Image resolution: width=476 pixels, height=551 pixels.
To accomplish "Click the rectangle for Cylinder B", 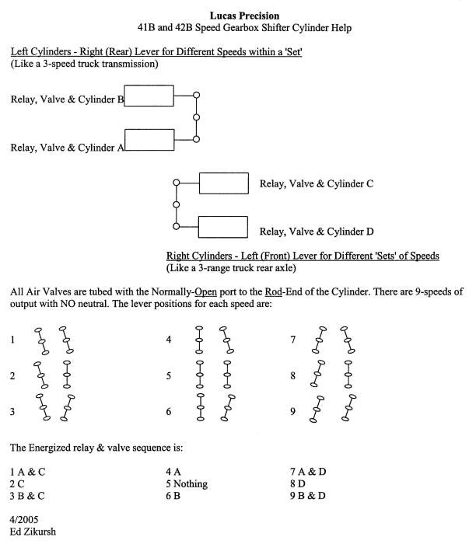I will click(x=149, y=96).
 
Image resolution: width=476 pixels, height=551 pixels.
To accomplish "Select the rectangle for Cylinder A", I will click(x=149, y=140).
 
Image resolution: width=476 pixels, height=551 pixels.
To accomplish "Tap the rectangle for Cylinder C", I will click(x=223, y=183).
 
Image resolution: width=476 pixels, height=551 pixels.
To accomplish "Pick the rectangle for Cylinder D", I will click(x=223, y=227).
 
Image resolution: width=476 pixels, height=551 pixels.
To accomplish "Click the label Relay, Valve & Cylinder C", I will click(x=316, y=184).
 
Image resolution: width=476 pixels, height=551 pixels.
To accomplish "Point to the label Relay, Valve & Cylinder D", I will click(x=317, y=231).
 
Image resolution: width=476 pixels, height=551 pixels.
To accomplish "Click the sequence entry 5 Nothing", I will click(x=187, y=483).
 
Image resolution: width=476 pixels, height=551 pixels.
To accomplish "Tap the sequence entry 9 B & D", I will click(x=310, y=495).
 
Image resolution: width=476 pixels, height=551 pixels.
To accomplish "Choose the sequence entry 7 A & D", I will click(x=310, y=472).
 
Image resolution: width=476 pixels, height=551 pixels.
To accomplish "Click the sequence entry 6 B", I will click(x=173, y=495).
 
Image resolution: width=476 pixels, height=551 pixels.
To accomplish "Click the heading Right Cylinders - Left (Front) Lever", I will click(x=303, y=256).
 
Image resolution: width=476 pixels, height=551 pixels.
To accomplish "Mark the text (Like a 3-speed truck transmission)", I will click(x=85, y=64).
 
